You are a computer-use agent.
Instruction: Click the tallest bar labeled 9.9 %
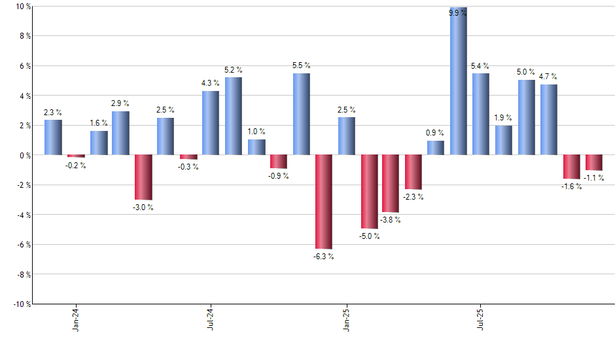coord(458,81)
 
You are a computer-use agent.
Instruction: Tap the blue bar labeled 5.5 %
coord(301,114)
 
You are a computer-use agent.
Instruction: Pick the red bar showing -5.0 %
coord(368,192)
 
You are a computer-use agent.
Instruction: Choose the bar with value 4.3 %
coord(211,123)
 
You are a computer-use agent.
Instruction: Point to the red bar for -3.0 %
coord(143,177)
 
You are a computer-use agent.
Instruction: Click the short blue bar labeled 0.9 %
coord(436,148)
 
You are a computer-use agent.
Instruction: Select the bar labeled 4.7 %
coord(548,120)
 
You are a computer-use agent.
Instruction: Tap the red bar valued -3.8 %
coord(391,183)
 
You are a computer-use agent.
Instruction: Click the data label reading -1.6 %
coord(571,187)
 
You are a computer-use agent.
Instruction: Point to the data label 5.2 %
coord(234,69)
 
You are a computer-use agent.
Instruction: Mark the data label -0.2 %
coord(76,166)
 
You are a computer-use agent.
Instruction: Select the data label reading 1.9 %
coord(503,118)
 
